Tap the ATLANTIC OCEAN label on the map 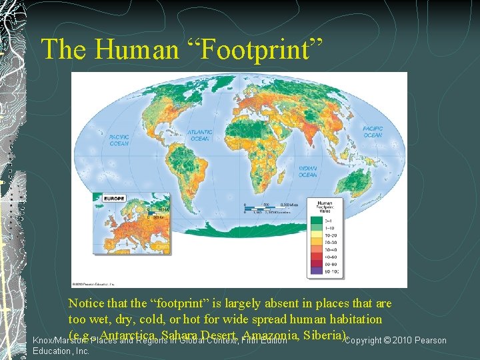click(x=200, y=135)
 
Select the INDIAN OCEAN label click(x=307, y=171)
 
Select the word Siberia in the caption click(x=324, y=333)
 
